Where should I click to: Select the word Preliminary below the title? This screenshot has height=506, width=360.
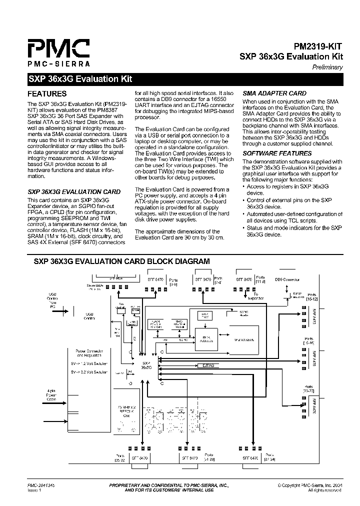327,67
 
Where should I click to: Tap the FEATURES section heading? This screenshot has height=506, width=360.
46,93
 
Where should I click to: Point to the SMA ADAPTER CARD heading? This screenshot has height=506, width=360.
274,93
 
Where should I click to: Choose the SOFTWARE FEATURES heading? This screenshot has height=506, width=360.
277,153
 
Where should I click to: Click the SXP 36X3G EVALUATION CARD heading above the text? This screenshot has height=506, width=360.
73,191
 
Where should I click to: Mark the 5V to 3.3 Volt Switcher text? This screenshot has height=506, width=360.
90,372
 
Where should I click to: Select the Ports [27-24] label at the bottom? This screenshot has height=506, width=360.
269,456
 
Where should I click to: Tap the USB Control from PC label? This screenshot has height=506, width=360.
53,299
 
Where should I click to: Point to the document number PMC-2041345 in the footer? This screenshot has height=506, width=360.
41,485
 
